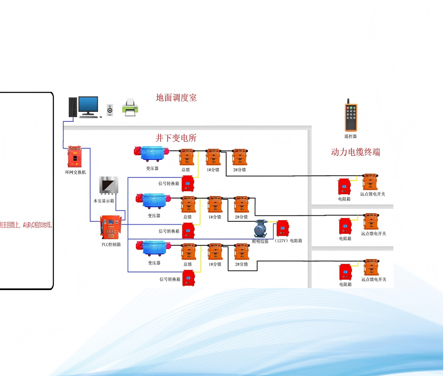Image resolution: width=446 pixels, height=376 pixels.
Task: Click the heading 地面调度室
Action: [x=176, y=98]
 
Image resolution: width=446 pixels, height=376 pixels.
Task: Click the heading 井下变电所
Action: [x=176, y=138]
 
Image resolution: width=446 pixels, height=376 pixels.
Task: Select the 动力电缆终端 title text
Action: [x=355, y=152]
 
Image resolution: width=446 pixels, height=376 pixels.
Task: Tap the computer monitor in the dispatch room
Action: [x=88, y=105]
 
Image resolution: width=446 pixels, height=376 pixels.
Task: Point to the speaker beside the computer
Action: [x=110, y=110]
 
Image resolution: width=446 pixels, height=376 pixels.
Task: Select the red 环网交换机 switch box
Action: [x=74, y=156]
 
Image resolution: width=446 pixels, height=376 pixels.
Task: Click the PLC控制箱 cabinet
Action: [x=110, y=227]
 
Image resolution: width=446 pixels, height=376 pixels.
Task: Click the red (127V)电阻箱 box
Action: [x=282, y=228]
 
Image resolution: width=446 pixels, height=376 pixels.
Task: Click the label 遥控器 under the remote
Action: [x=350, y=136]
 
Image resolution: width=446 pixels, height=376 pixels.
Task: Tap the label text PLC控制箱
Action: [x=111, y=245]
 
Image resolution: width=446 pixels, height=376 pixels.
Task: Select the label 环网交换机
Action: [x=76, y=173]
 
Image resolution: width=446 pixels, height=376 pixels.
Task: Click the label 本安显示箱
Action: [x=104, y=201]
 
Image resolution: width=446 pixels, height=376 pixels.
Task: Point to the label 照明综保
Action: [x=260, y=241]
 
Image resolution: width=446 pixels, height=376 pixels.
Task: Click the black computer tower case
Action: [x=73, y=107]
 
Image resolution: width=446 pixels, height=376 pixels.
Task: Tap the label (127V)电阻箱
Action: [x=289, y=241]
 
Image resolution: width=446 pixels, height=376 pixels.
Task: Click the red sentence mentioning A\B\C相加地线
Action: [x=26, y=225]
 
